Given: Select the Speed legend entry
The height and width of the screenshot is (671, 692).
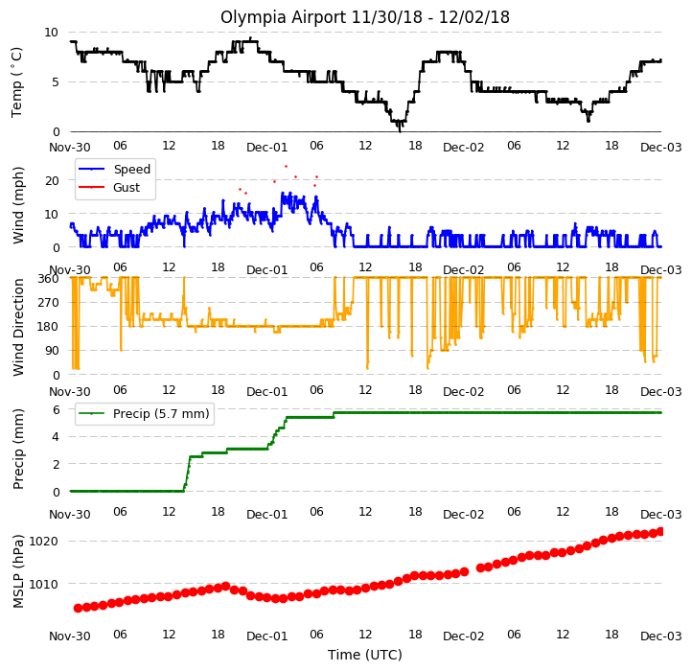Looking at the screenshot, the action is pos(114,169).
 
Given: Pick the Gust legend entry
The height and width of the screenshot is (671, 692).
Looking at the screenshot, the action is pos(109,188).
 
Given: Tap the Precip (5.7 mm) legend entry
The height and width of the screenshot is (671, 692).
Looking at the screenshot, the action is pos(144,414).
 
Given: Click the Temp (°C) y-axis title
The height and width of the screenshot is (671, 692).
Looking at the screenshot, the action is pos(16,82).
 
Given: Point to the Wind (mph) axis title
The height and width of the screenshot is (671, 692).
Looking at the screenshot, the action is pos(18,205).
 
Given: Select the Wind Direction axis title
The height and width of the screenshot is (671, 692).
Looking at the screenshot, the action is pos(18,327).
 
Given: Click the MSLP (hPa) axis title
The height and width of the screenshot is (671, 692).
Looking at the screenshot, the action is pos(18,571).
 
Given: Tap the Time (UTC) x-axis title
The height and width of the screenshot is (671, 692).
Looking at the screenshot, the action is pos(365,655).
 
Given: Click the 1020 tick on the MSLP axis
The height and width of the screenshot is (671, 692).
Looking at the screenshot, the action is pos(43,542).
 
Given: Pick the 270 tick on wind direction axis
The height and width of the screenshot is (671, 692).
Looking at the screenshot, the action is pos(50,303).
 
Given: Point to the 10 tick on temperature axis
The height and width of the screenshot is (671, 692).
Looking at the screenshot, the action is pos(51,33).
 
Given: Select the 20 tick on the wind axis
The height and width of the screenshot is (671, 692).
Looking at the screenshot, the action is pos(52,180).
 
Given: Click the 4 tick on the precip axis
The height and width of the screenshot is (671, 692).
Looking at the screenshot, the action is pos(56,437).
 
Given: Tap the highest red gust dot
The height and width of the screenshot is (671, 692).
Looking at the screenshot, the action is pos(286,167).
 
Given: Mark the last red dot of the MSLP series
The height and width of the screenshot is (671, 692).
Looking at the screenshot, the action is pos(660,531).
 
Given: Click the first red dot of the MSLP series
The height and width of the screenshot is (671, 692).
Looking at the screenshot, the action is pos(79,609).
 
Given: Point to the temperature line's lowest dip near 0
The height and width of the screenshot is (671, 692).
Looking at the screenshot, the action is pos(401,130).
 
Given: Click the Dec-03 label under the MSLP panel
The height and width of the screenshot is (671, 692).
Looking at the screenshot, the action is pos(661,636).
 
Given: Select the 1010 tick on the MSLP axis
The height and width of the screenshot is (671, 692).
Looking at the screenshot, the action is pos(43,584).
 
